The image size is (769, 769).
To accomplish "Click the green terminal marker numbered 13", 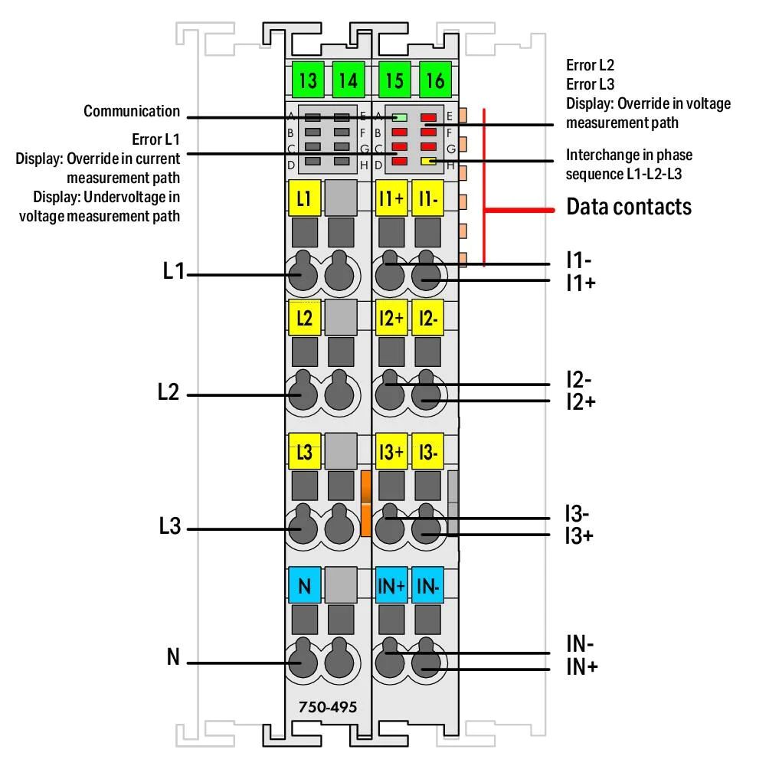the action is (x=308, y=80).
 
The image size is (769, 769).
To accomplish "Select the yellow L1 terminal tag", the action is (x=305, y=198).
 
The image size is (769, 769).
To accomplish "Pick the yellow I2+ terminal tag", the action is (x=391, y=318).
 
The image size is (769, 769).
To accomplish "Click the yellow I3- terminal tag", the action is (x=427, y=452).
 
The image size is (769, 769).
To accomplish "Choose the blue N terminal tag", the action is (x=305, y=586).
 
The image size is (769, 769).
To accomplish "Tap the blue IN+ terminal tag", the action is (x=391, y=586).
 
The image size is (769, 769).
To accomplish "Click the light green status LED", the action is (x=400, y=118).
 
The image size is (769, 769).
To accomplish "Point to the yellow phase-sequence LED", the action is (x=429, y=161).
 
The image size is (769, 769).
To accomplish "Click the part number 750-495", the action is (x=328, y=707).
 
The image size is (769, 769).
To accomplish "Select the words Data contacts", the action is (x=629, y=207).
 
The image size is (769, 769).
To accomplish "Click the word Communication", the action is (x=132, y=111).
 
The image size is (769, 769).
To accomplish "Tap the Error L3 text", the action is (x=590, y=84).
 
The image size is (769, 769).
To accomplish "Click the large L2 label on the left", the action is (x=169, y=392).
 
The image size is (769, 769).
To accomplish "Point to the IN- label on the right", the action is (x=580, y=643).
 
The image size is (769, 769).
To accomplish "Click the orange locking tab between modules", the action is (x=366, y=503).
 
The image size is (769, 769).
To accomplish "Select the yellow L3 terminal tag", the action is (x=305, y=452).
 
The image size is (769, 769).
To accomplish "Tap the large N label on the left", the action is (x=173, y=657).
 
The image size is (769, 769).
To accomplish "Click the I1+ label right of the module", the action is (x=581, y=283).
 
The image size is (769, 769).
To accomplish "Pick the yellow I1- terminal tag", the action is (x=427, y=198).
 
